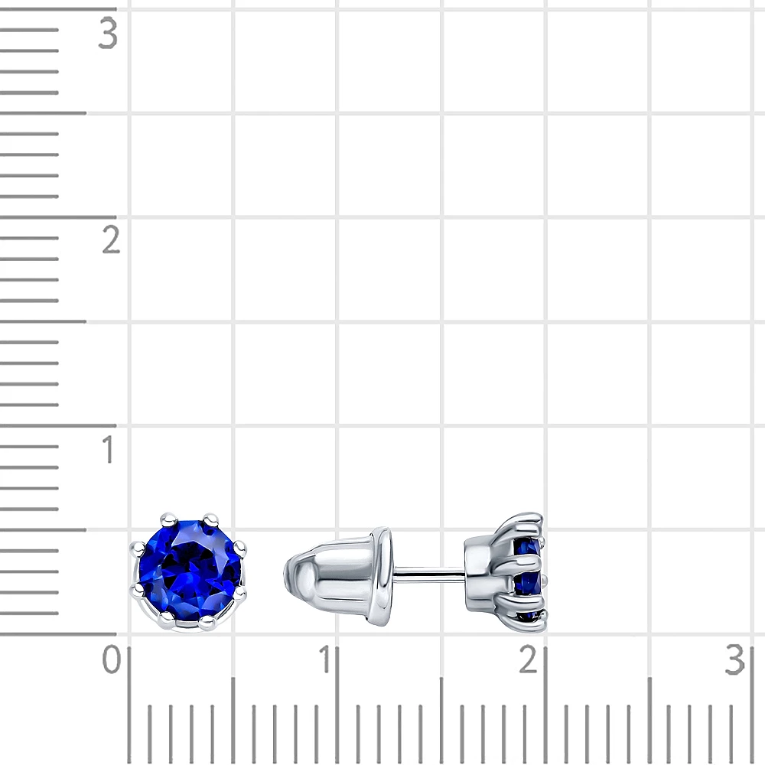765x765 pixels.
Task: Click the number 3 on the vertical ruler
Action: pyautogui.click(x=108, y=34)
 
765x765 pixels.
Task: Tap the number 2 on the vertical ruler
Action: pyautogui.click(x=111, y=240)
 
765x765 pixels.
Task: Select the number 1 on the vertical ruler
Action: pyautogui.click(x=109, y=449)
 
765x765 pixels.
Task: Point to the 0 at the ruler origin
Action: pyautogui.click(x=111, y=659)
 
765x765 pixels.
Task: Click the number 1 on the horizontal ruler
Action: pyautogui.click(x=324, y=659)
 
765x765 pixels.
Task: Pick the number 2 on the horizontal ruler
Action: pyautogui.click(x=529, y=659)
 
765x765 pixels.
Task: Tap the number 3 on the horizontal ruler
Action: pyautogui.click(x=734, y=659)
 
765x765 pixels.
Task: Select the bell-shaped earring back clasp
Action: pyautogui.click(x=338, y=577)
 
